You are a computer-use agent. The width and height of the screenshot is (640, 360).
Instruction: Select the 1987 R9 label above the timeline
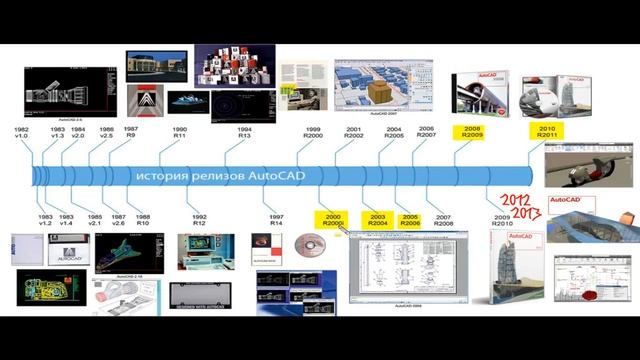tap(131, 134)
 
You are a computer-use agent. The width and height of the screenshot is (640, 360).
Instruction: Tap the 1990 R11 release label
tap(180, 134)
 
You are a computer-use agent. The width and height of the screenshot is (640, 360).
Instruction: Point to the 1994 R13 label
tap(245, 134)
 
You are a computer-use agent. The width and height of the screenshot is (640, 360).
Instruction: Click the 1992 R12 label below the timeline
tap(198, 220)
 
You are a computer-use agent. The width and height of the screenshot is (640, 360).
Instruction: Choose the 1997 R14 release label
tap(277, 220)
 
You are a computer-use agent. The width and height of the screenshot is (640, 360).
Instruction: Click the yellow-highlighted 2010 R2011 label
tap(547, 133)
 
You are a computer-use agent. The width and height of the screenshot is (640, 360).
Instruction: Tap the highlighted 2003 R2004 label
tap(378, 220)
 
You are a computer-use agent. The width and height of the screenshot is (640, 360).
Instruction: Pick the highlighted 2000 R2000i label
tap(332, 220)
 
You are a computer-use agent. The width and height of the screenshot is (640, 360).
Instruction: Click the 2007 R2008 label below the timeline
tap(444, 220)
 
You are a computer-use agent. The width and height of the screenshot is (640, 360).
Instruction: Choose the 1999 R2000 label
tap(313, 134)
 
